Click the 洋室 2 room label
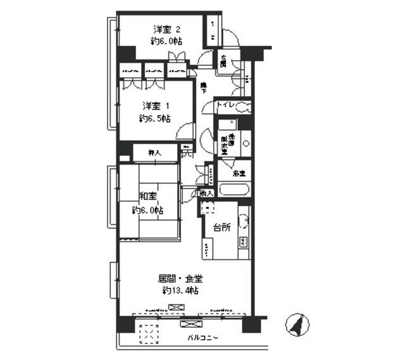click(x=167, y=28)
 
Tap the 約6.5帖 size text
click(x=154, y=118)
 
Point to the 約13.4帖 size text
click(x=180, y=291)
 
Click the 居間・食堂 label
click(x=180, y=278)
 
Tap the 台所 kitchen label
click(x=221, y=228)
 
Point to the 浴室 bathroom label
click(x=238, y=171)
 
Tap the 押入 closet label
click(x=154, y=152)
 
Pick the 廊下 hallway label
click(x=204, y=87)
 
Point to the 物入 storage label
click(x=206, y=193)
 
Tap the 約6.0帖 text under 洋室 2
click(x=167, y=41)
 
